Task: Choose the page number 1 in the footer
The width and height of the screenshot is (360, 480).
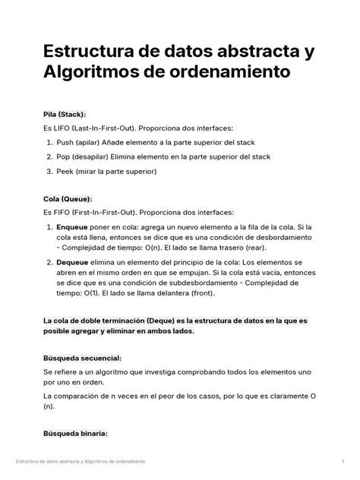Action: click(343, 462)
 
